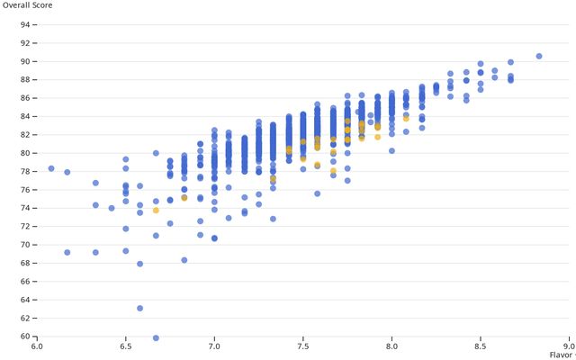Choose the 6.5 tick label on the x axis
coord(126,345)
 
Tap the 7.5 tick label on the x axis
coord(303,345)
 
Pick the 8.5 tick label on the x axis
coord(481,345)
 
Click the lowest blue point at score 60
coord(156,337)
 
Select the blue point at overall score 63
coord(139,308)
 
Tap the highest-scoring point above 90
coord(539,56)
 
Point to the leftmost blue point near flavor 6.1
coord(51,168)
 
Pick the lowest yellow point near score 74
coord(156,210)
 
